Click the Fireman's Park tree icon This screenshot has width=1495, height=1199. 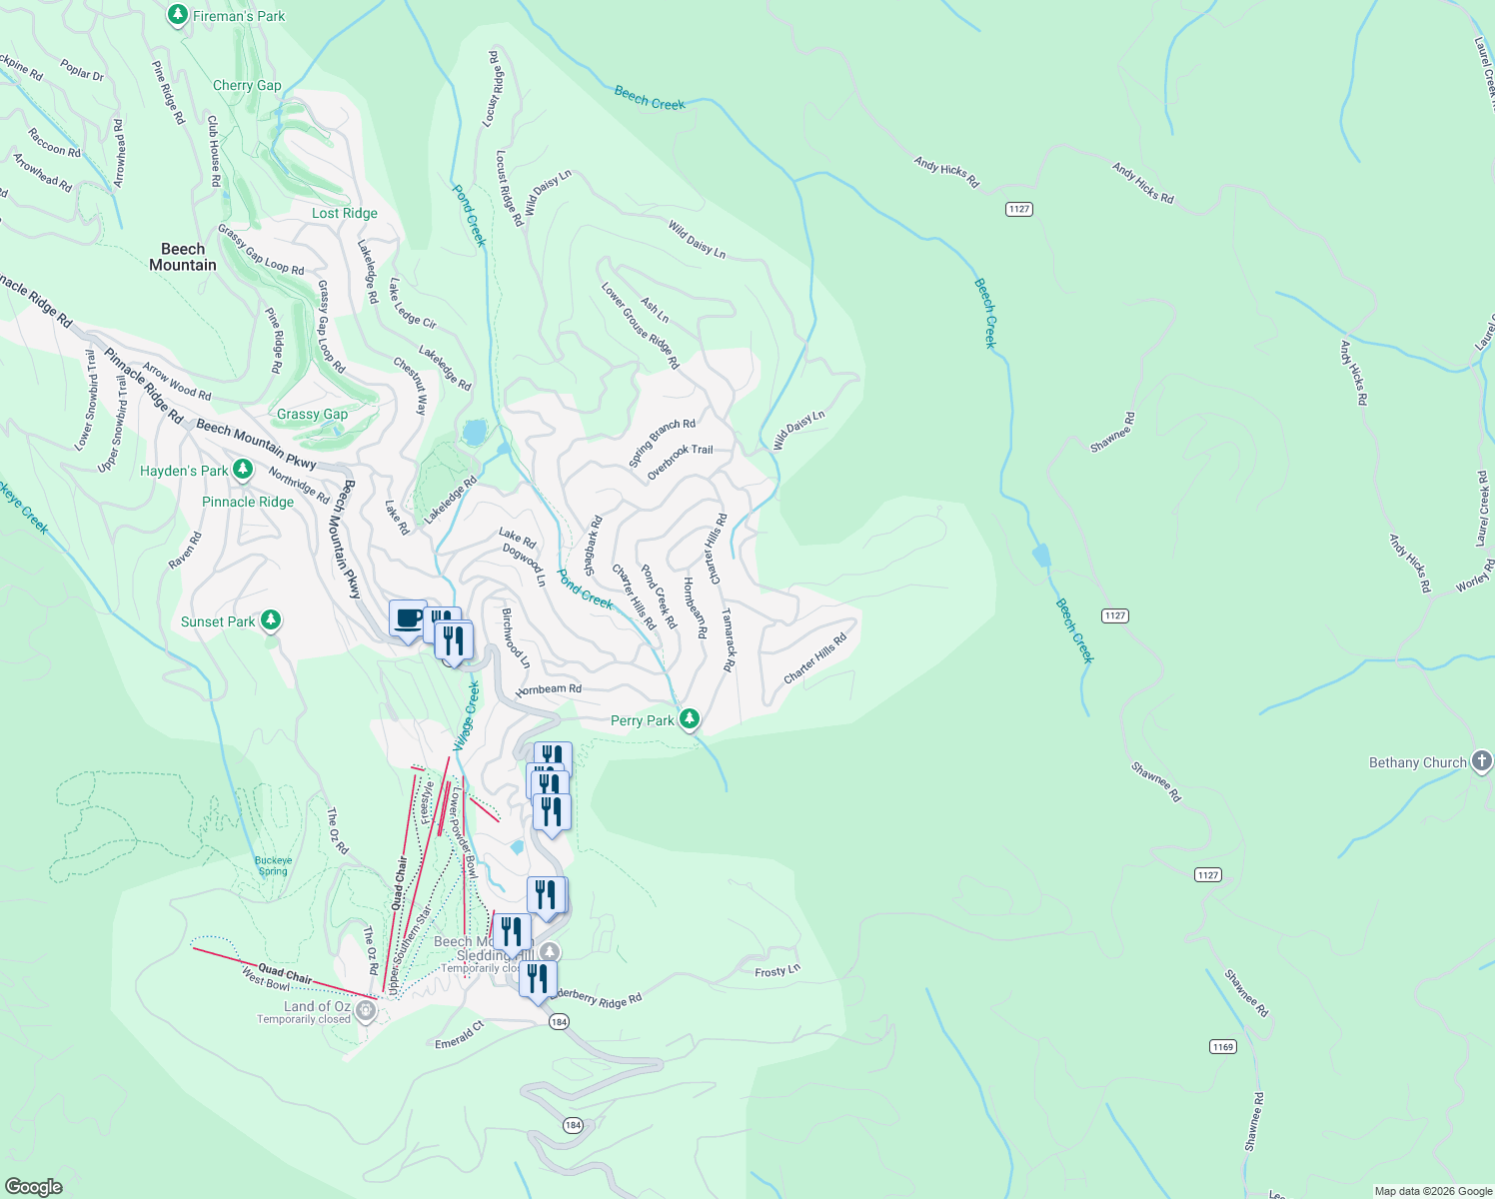tap(178, 15)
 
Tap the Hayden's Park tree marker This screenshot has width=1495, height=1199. tap(242, 470)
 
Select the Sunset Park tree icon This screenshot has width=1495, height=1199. tap(270, 621)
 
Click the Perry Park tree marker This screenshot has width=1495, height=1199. tap(689, 719)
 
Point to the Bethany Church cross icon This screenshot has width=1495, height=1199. tap(1482, 762)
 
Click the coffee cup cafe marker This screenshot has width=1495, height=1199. tap(408, 619)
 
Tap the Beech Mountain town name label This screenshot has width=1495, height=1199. tap(183, 257)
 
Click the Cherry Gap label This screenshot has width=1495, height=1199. tap(247, 86)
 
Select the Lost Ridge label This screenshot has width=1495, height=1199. tap(345, 213)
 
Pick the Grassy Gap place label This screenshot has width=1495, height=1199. tap(313, 415)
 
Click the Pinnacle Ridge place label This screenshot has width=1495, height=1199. tap(248, 502)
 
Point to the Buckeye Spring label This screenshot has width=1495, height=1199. tap(273, 865)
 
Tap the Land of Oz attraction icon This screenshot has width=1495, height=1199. tap(366, 1012)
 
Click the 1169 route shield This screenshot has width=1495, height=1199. tap(1222, 1047)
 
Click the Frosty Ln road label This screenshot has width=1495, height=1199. tap(777, 971)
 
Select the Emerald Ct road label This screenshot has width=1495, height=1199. tap(460, 1035)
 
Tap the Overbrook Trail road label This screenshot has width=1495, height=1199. tap(681, 462)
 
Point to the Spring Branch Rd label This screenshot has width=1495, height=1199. tap(662, 443)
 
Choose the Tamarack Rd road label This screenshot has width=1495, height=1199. tap(729, 639)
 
